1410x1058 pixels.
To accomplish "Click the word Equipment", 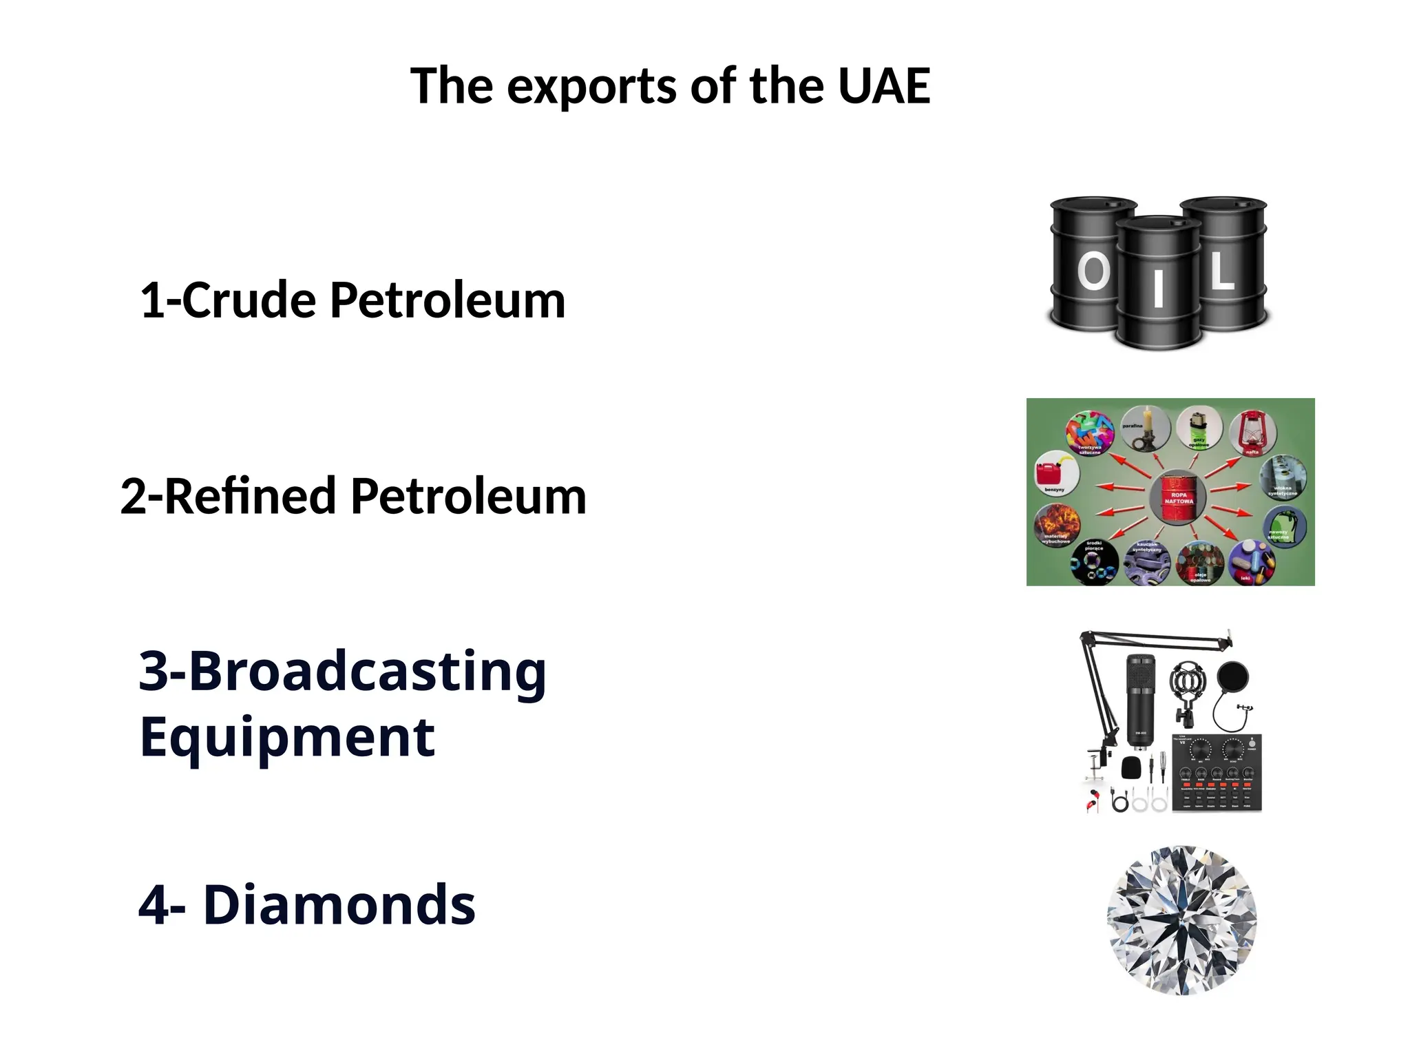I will tap(287, 737).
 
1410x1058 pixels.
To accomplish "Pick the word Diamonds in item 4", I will tap(339, 904).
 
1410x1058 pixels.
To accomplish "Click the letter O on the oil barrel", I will tap(1093, 271).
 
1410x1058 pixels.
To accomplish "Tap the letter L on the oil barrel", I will tap(1222, 271).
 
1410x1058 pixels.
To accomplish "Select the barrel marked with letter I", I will tap(1159, 282).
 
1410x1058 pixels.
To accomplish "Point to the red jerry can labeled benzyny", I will tap(1053, 473).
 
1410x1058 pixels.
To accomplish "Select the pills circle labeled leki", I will tap(1251, 561).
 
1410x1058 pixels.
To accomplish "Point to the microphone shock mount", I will tap(1187, 685).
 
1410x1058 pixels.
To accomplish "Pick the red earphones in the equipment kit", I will tap(1093, 801).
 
